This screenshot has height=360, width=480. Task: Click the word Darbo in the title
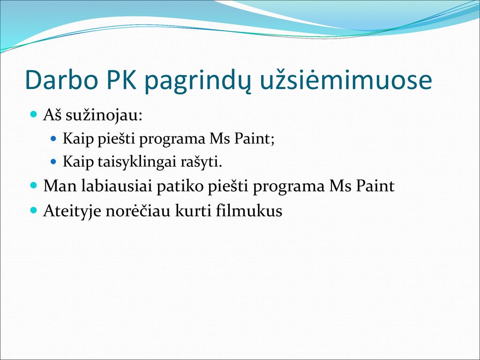tap(62, 80)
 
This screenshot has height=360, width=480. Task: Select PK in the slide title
tap(121, 80)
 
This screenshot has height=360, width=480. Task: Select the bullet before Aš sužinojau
tap(34, 115)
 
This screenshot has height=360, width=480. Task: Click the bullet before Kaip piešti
tap(53, 139)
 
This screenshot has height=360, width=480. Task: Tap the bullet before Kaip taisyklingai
tap(53, 161)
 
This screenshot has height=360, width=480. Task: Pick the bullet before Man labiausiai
tap(34, 185)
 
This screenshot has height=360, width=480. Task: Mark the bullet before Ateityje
tap(34, 210)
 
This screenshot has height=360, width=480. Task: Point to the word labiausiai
tap(117, 186)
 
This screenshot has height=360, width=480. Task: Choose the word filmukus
tap(249, 210)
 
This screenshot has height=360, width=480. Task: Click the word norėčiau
tap(138, 210)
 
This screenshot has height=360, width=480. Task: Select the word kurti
tap(193, 210)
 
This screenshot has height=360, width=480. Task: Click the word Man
tap(60, 186)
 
